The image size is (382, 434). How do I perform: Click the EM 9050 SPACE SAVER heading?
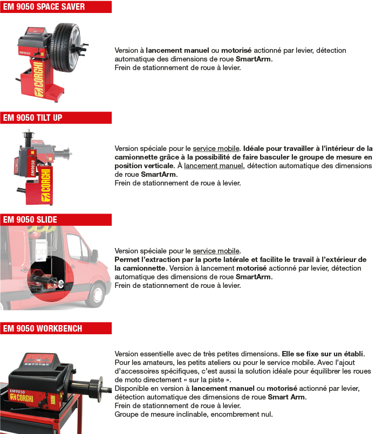[44, 6]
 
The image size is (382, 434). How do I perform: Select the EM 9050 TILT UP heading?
[32, 118]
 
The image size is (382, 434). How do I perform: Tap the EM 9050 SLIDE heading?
[30, 219]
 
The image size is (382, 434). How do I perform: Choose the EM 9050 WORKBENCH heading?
[43, 328]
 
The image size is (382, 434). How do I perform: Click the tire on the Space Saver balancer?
[65, 47]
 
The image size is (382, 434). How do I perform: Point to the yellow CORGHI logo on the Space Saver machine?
[39, 79]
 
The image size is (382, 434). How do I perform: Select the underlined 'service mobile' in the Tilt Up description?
[216, 149]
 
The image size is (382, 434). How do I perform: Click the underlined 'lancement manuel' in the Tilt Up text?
[213, 166]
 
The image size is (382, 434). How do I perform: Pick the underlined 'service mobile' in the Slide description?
[216, 251]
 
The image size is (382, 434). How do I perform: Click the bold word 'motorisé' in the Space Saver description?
[236, 50]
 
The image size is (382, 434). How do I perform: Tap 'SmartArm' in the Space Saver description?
[253, 59]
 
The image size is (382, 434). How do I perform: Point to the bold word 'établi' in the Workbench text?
[353, 354]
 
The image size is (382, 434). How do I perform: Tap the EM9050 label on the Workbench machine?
[17, 391]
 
